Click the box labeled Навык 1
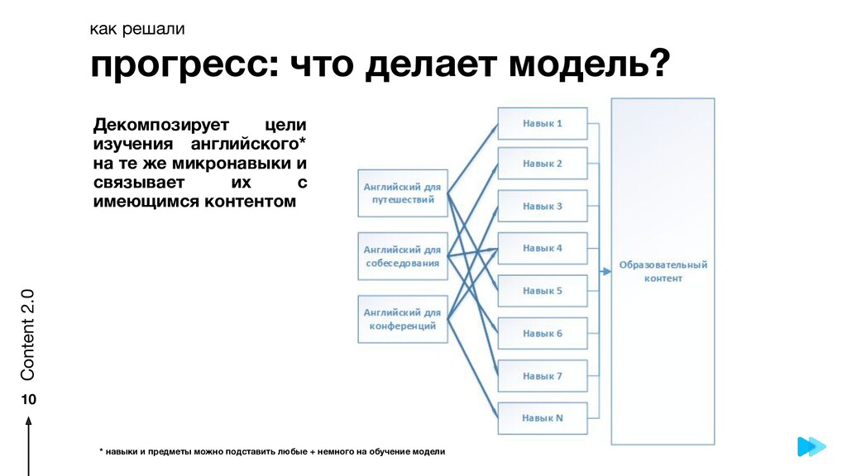pyautogui.click(x=543, y=123)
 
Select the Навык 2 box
pyautogui.click(x=543, y=164)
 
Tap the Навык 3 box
pyautogui.click(x=543, y=206)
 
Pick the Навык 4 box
pyautogui.click(x=543, y=248)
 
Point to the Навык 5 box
pyautogui.click(x=543, y=291)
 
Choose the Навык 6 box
pyautogui.click(x=543, y=333)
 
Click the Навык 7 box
pyautogui.click(x=543, y=376)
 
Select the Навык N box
pyautogui.click(x=543, y=418)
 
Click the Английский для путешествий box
pyautogui.click(x=403, y=193)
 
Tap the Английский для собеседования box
pyautogui.click(x=403, y=256)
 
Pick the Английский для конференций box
pyautogui.click(x=403, y=319)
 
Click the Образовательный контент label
pyautogui.click(x=663, y=272)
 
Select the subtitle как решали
pyautogui.click(x=137, y=30)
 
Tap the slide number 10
pyautogui.click(x=28, y=399)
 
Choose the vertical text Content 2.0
pyautogui.click(x=28, y=335)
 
